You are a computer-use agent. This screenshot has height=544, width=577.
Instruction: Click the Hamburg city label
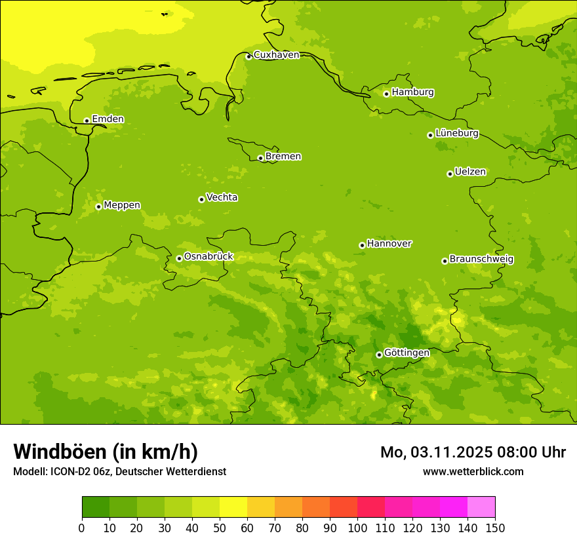coord(412,92)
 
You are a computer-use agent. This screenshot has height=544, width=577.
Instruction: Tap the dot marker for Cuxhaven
coord(249,56)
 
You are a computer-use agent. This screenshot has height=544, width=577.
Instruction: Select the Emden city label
coord(108,119)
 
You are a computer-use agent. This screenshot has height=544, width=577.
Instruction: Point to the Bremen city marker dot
coord(260,158)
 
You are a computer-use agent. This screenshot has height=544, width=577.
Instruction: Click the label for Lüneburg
coord(456,134)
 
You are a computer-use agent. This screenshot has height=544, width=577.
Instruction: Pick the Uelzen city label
coord(470,172)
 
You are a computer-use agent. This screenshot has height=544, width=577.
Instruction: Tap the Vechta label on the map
coord(222,197)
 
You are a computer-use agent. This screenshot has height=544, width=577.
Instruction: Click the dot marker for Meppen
coord(98,206)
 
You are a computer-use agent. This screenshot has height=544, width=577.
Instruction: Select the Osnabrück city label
coord(208,257)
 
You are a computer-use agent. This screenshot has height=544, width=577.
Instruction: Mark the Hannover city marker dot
coord(362,245)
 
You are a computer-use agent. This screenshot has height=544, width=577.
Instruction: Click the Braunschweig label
coord(481,260)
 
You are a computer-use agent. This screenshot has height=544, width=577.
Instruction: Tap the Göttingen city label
coord(407,353)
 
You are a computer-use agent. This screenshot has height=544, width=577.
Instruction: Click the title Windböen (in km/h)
coord(106,452)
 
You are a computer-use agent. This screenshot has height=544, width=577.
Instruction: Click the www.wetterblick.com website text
coord(473,471)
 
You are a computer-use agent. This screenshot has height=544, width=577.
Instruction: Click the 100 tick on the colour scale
coord(357,528)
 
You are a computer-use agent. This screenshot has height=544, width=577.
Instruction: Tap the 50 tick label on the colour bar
coord(220,528)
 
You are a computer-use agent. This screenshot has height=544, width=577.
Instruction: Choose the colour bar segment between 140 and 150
coord(481,507)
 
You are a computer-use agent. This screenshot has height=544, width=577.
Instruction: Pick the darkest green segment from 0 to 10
coord(96,507)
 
